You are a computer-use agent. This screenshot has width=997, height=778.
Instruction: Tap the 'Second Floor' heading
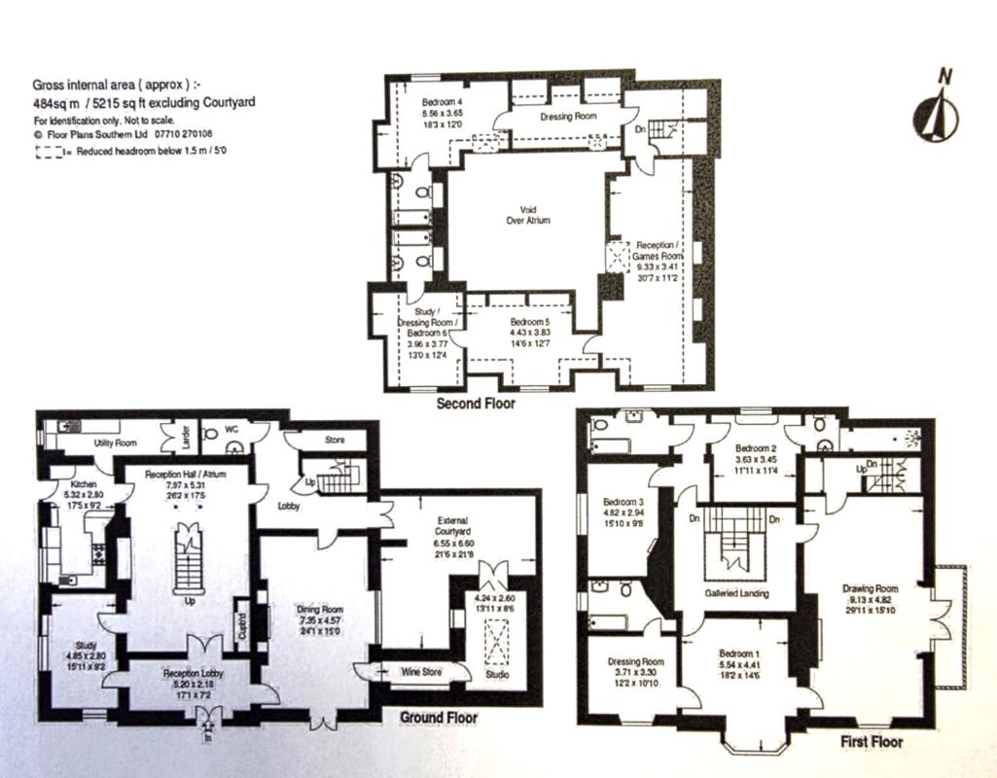[x=476, y=403]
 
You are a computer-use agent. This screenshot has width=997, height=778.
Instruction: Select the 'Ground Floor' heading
[x=440, y=718]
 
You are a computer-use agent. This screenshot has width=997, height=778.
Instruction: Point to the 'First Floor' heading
[x=871, y=742]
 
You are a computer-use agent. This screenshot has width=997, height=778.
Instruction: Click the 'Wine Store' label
[x=422, y=671]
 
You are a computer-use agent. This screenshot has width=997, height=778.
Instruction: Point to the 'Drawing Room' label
[x=870, y=588]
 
